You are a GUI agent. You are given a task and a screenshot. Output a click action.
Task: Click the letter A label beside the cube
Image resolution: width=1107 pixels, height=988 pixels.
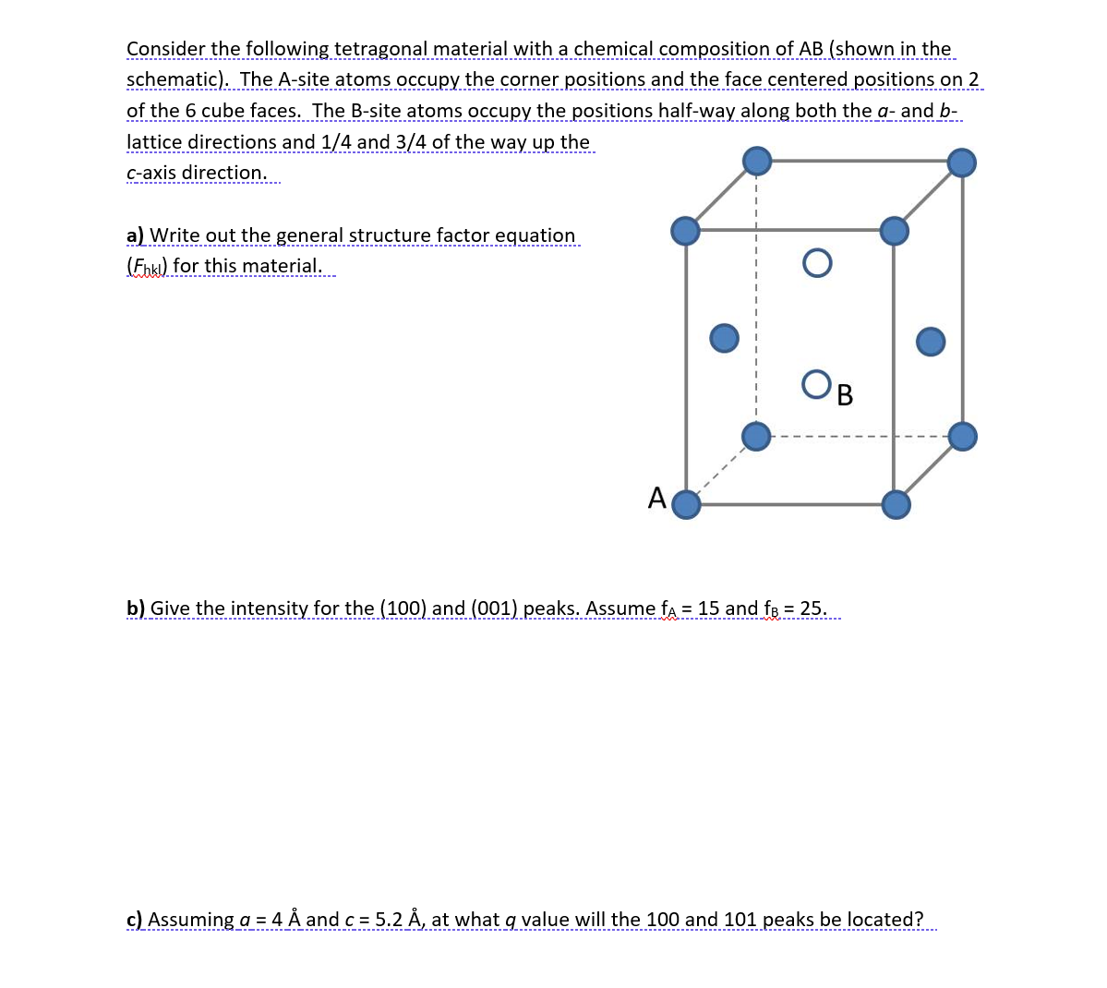point(656,498)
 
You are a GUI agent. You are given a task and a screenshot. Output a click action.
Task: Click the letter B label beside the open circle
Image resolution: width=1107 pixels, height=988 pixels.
point(844,396)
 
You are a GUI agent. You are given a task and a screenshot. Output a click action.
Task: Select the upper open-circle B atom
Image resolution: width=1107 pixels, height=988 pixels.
point(817,263)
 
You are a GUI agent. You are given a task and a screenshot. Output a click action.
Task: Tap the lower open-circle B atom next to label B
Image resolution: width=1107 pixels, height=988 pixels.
point(816,383)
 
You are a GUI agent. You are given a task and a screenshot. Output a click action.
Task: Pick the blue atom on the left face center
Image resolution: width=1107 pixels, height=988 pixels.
point(724,337)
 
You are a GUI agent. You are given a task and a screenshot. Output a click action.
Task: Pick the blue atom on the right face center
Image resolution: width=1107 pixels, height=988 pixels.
point(931,341)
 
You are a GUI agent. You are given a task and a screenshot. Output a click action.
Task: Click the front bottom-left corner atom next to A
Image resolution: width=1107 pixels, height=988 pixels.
point(686,505)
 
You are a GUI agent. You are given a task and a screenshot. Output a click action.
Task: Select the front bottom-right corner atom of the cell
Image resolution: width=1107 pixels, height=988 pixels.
point(895,504)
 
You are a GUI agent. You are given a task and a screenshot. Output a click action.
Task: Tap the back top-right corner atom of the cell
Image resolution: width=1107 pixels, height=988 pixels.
point(962,163)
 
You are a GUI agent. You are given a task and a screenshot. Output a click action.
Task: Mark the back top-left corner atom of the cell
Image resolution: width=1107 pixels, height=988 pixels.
point(757,162)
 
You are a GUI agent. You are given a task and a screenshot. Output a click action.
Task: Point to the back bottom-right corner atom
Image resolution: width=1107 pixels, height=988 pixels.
point(962,436)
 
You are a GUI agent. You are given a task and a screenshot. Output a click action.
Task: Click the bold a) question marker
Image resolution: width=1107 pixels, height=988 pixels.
point(136,235)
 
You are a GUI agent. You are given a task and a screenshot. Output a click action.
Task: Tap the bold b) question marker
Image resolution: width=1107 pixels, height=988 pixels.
point(136,608)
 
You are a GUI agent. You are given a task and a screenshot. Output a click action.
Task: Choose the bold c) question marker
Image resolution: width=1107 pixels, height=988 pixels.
point(135,920)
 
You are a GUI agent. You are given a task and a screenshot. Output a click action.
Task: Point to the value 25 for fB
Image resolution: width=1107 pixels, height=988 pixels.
point(812,608)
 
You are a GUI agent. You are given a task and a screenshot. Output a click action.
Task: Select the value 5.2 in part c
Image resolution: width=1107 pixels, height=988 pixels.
point(391,920)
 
